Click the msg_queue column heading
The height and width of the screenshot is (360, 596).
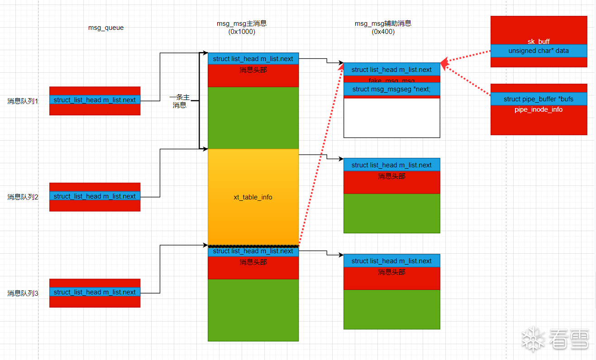tap(106, 28)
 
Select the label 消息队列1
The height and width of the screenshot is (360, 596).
tap(23, 101)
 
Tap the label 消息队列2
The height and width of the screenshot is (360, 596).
tap(23, 197)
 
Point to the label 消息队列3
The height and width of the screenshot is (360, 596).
tap(23, 293)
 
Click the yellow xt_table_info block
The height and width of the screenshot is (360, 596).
tap(253, 197)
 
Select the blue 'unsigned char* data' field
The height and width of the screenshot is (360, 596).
tap(539, 51)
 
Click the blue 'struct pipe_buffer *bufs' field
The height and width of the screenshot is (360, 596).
tap(539, 99)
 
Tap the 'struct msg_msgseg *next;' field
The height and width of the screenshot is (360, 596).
tap(391, 89)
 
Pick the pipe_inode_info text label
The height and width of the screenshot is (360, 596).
tap(539, 109)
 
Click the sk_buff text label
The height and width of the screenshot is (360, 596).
tap(539, 42)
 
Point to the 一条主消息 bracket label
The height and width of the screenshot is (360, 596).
tap(180, 101)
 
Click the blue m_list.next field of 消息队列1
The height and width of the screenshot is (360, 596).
tap(95, 100)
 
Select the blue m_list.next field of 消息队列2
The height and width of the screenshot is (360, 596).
tap(95, 196)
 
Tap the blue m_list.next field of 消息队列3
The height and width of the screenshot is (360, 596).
tap(95, 292)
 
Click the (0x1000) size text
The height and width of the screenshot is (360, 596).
tap(242, 32)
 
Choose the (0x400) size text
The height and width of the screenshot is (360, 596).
tap(383, 32)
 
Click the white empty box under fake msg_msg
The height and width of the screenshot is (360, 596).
tap(391, 118)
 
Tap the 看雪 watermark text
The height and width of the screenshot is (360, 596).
tap(569, 339)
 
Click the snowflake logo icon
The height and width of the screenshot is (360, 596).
tap(533, 339)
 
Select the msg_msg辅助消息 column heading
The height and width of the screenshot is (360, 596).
tap(383, 24)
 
